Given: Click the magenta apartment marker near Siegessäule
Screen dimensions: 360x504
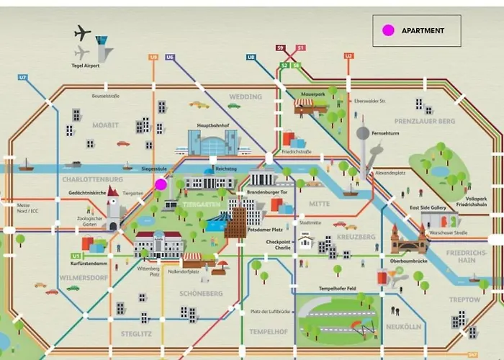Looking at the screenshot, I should (161, 184).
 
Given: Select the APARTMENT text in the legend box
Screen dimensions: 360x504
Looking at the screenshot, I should (423, 30).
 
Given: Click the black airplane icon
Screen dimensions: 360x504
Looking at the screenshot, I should (83, 32).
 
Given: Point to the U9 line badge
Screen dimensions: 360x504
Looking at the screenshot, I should (153, 56).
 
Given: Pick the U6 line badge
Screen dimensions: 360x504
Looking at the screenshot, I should (170, 56).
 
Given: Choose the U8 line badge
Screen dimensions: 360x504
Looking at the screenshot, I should (251, 56).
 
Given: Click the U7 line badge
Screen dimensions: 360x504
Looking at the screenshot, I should (23, 77).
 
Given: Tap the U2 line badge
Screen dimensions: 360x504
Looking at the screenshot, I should (348, 55).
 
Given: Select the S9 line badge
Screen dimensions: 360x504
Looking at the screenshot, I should (281, 48).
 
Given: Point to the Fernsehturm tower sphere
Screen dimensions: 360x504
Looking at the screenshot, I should (363, 133).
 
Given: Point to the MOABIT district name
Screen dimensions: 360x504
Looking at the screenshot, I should (105, 125).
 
